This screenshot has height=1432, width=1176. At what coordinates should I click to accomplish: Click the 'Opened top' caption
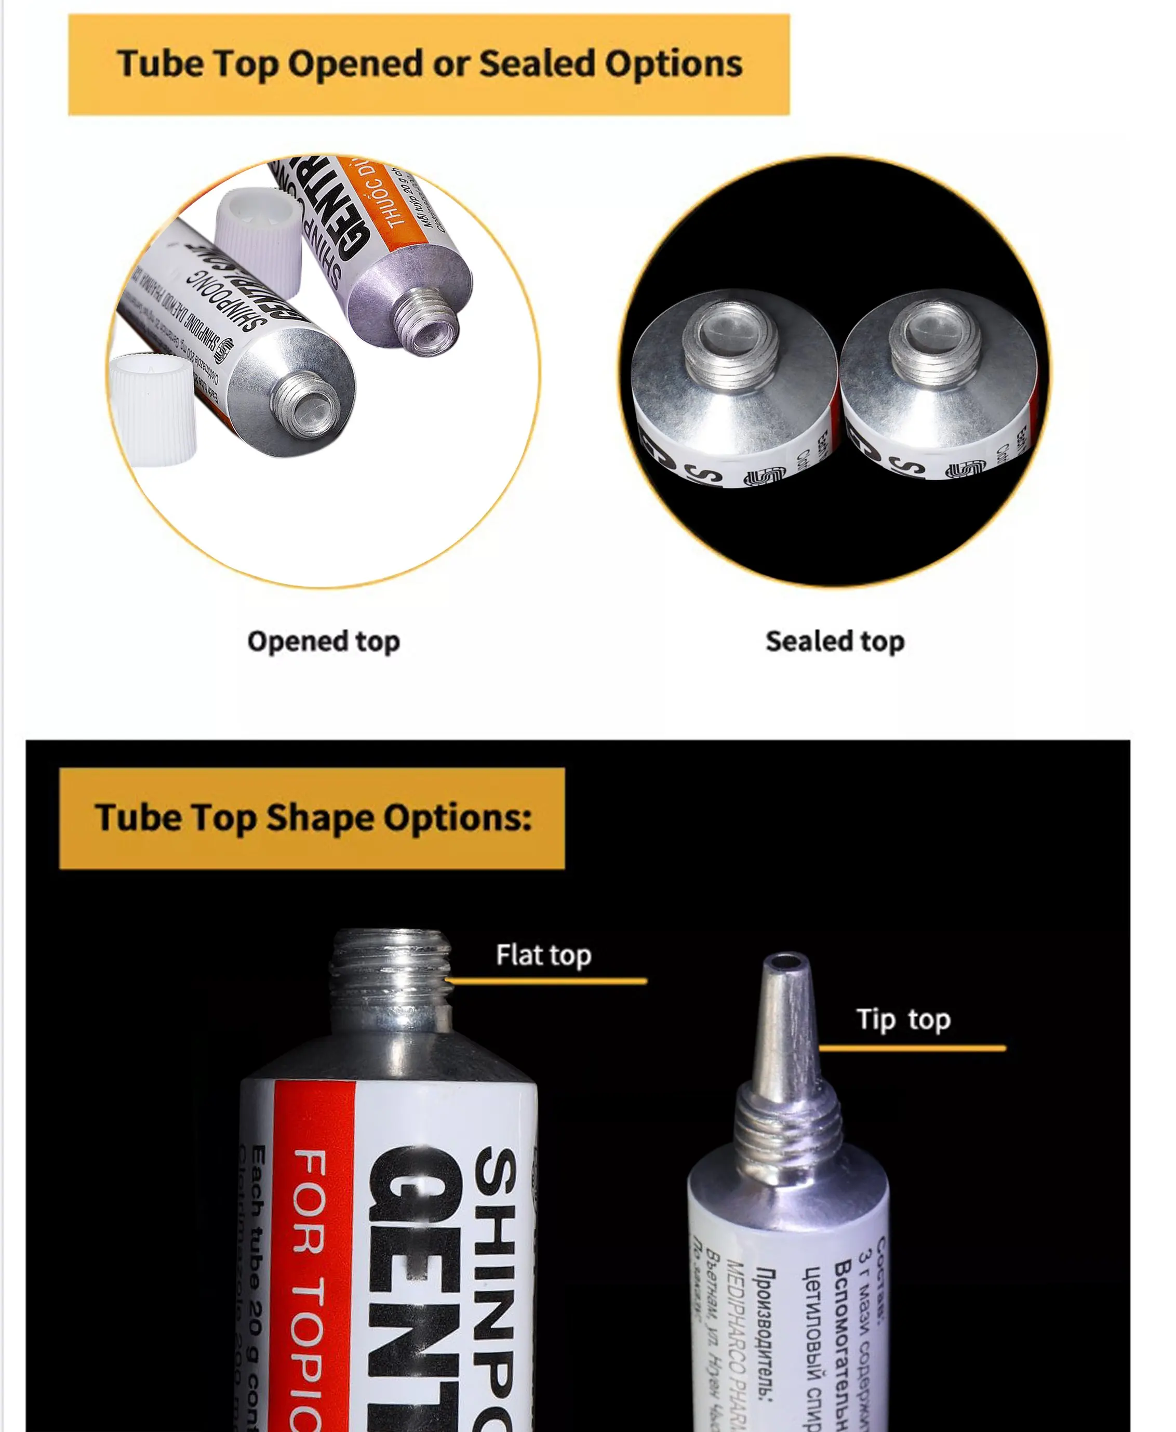[324, 641]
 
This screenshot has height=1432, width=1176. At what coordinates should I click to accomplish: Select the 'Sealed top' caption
[835, 641]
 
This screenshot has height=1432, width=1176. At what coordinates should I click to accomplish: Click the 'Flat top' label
[543, 955]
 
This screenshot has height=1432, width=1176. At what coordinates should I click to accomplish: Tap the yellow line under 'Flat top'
[546, 980]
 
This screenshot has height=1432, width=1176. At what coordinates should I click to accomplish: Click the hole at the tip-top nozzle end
[786, 961]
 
